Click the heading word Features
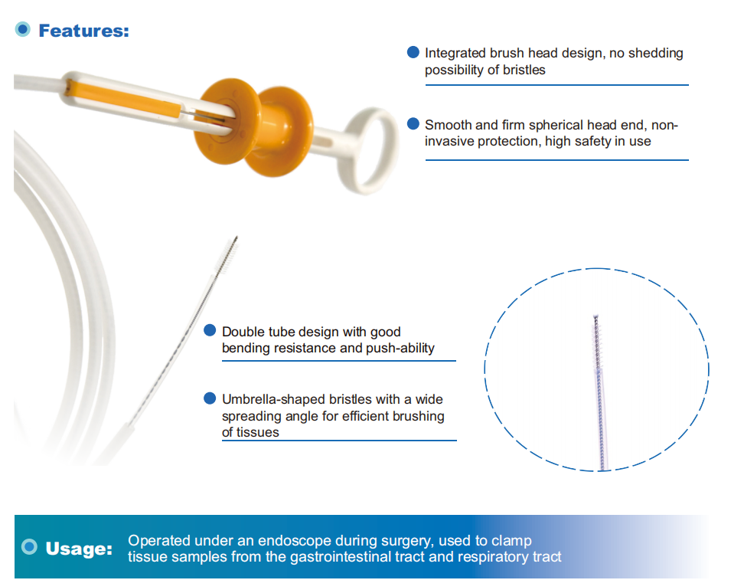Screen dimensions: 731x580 click(83, 31)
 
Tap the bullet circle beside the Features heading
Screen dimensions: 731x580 click(23, 29)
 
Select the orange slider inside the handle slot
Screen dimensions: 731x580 click(123, 99)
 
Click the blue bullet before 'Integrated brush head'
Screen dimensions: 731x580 click(413, 52)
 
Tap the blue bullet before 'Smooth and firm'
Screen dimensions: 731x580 click(413, 123)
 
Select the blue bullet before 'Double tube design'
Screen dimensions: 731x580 click(210, 330)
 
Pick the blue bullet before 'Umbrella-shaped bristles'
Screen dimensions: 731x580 click(210, 398)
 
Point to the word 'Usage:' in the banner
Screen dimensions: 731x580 click(79, 549)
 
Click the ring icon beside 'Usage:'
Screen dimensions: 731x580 click(29, 547)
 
